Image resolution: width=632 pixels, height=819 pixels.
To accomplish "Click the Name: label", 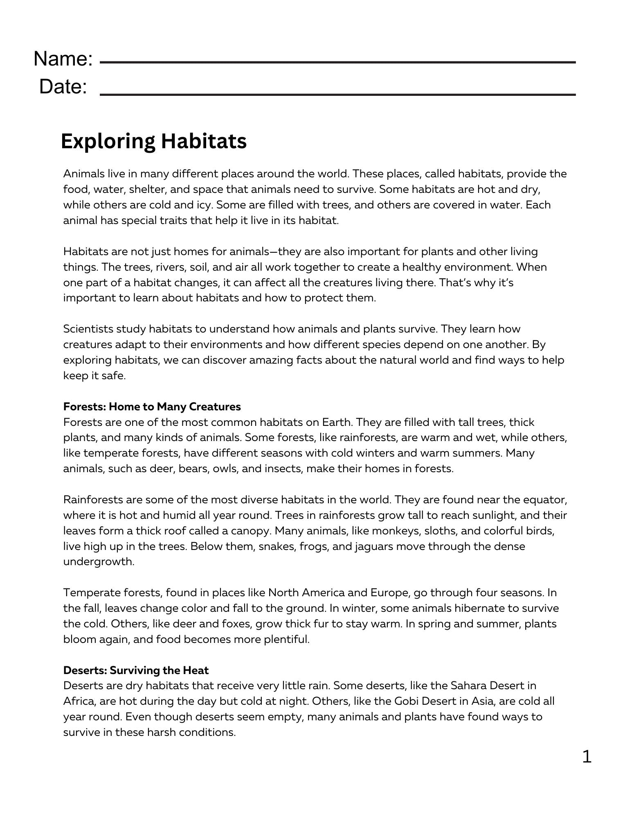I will (x=63, y=59).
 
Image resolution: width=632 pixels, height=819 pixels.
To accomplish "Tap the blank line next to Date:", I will (x=337, y=94).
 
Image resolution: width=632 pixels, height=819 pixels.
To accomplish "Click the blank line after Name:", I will (x=337, y=62).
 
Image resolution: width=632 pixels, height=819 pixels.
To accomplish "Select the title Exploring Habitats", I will (x=153, y=141).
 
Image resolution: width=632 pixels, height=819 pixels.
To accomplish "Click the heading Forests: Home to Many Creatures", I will (x=152, y=407).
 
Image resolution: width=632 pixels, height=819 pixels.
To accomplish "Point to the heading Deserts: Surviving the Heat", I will (x=136, y=670).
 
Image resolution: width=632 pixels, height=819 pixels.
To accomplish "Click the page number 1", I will (x=587, y=757).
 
